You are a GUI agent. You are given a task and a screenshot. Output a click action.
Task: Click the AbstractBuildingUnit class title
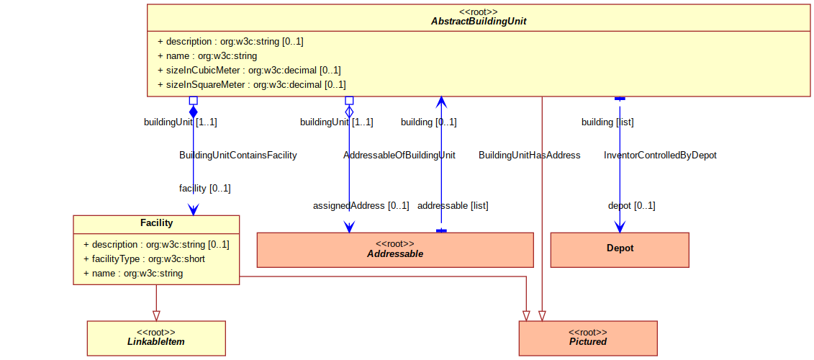(x=479, y=22)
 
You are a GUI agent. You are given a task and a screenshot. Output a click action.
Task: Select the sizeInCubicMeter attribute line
(x=249, y=70)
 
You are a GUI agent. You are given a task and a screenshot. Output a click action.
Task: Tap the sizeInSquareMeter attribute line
(x=251, y=84)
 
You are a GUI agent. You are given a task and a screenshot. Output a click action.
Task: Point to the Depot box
(x=620, y=250)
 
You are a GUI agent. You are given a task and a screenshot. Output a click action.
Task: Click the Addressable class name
(x=395, y=254)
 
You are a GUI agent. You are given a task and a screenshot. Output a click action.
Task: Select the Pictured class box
(x=588, y=338)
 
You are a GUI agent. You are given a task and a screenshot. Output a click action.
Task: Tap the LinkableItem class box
(x=156, y=338)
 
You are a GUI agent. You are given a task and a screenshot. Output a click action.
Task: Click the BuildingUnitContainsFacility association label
(x=238, y=156)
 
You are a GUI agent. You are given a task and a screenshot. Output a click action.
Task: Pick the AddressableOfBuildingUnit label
(x=399, y=156)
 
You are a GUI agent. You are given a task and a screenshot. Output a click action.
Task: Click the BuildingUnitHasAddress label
(x=530, y=156)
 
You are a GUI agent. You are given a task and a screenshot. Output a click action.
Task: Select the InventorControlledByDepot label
(x=660, y=156)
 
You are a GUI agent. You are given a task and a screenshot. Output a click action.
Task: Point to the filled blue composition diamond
(x=193, y=111)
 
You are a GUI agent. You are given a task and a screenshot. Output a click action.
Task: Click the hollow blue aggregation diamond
(x=349, y=111)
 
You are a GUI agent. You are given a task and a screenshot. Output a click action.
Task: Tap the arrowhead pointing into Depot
(x=620, y=227)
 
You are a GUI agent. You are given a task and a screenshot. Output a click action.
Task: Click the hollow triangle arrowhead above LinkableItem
(x=156, y=315)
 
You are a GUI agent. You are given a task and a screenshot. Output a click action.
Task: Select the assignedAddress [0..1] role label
(x=361, y=205)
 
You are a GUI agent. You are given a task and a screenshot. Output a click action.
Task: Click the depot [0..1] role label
(x=632, y=205)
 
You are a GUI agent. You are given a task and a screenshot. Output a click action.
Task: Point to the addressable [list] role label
(x=453, y=205)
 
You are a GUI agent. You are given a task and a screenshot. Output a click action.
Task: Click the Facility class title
(x=156, y=223)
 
